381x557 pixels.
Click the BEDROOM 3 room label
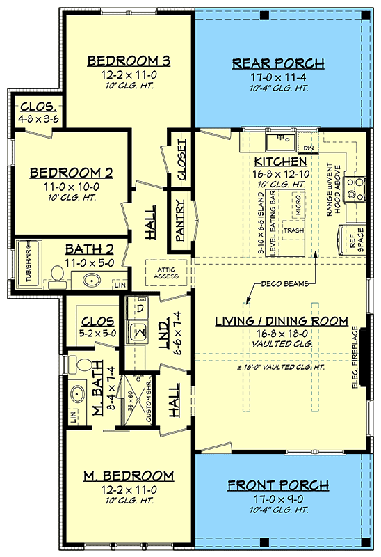[x=129, y=61]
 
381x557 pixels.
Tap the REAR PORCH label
[x=277, y=64]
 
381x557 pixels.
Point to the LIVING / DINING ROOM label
[x=281, y=321]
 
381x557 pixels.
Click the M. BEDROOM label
[x=129, y=476]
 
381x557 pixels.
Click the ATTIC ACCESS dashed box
[x=166, y=272]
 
